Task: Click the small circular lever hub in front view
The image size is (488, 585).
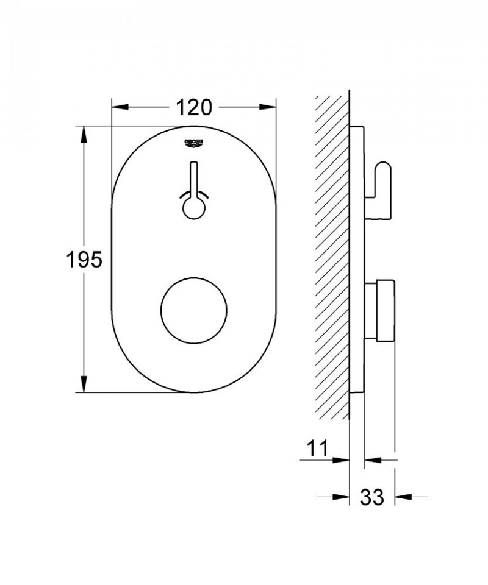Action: point(193,208)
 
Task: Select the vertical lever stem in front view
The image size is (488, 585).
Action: point(193,180)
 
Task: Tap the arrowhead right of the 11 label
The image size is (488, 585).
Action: point(343,460)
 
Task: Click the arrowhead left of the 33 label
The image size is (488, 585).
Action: point(343,497)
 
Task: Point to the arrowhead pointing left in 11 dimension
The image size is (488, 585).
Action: point(371,460)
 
